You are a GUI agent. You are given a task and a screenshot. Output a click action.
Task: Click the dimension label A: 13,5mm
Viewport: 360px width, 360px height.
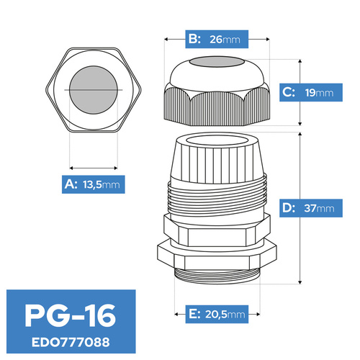click(x=94, y=184)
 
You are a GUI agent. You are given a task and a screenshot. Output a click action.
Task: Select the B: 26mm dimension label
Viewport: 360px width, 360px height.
click(x=217, y=39)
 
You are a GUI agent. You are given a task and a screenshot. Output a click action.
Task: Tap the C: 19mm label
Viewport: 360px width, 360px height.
click(x=311, y=92)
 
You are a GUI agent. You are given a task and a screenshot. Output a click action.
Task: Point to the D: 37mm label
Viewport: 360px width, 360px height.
click(x=311, y=208)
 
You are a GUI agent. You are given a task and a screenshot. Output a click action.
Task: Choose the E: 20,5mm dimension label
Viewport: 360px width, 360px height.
click(x=217, y=314)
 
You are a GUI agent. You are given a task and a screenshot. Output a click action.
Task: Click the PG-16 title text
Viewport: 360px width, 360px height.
click(x=71, y=315)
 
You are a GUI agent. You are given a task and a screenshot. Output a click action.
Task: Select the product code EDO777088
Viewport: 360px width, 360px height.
click(x=71, y=342)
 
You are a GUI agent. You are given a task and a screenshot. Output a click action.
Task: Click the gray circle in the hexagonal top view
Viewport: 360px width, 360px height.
click(x=94, y=90)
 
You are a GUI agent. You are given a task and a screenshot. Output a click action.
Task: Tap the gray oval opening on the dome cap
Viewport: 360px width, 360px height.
click(x=217, y=62)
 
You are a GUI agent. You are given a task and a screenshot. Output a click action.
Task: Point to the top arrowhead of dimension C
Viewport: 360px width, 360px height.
click(x=300, y=61)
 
